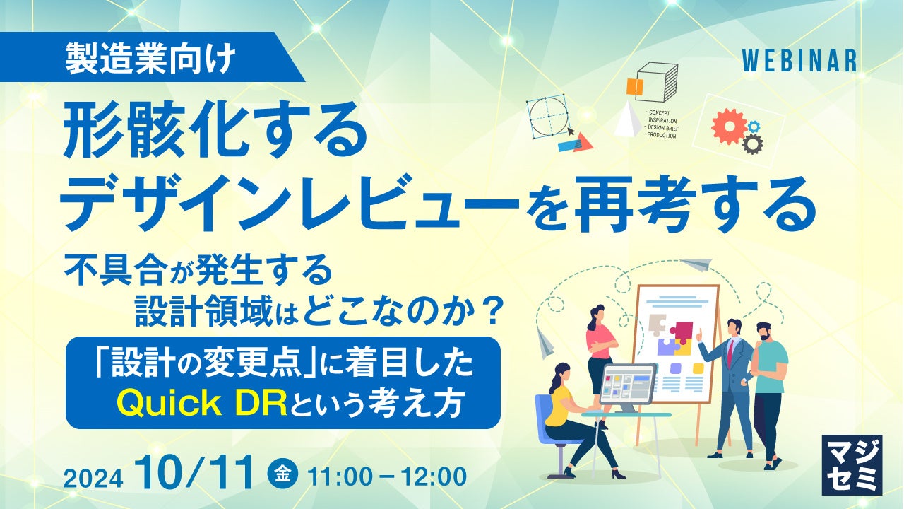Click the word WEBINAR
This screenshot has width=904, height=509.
pos(799,62)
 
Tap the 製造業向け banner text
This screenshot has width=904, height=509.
pos(150,58)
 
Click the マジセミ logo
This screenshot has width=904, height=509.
pos(852,465)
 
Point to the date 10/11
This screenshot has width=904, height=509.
pos(197,472)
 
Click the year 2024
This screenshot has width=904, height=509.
pos(93,479)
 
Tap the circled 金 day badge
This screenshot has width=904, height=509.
pos(283,474)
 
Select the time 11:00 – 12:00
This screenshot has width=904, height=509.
pos(386,476)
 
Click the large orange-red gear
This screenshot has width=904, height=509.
pos(730,126)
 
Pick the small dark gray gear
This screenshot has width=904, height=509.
pos(753,144)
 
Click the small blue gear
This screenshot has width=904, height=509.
pos(754,127)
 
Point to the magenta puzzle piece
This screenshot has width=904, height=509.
pos(682,332)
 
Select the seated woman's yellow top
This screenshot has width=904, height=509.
pos(557,404)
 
